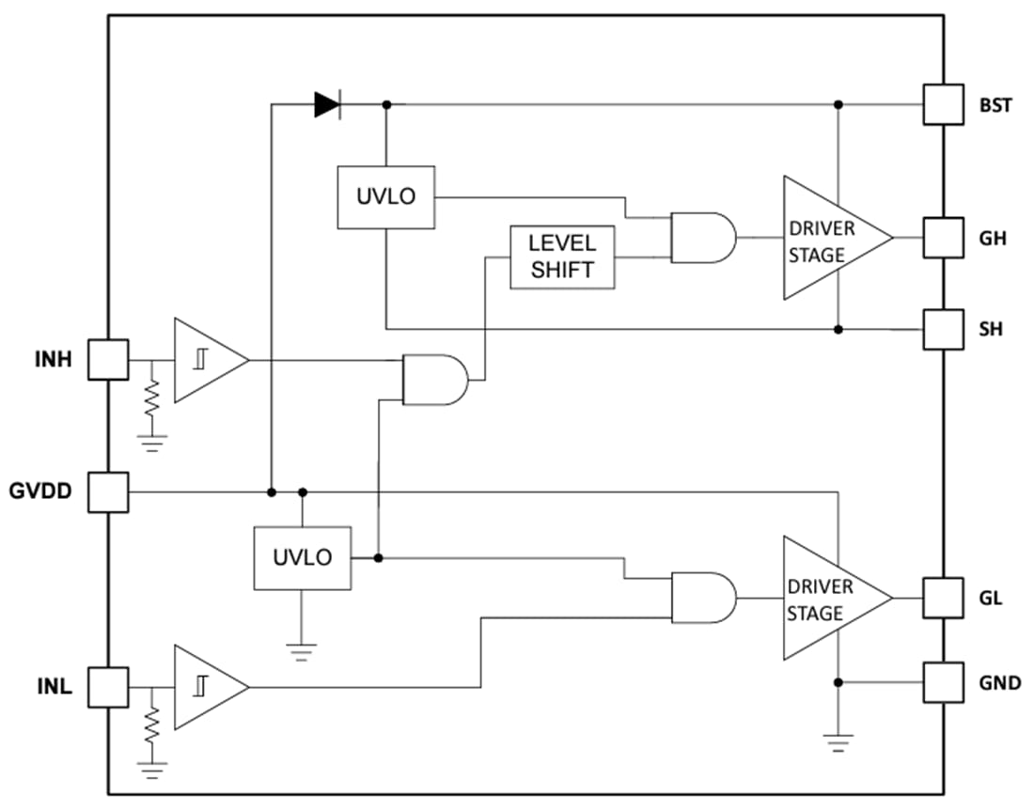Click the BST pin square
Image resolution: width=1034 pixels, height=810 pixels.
(x=943, y=104)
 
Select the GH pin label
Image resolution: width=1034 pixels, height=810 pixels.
(x=992, y=239)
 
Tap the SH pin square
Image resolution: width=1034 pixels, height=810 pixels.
(x=943, y=329)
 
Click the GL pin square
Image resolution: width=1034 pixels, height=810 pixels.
(x=943, y=598)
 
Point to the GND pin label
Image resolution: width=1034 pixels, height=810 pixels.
(x=1000, y=683)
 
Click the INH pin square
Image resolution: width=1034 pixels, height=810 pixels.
(x=108, y=359)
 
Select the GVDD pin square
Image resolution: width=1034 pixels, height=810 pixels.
(x=108, y=491)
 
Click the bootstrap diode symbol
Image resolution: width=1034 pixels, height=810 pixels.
(x=327, y=104)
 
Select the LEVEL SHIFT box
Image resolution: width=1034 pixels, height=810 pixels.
(x=562, y=257)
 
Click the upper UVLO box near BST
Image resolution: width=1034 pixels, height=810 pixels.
(x=385, y=196)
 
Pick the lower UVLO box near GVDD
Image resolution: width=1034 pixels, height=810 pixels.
(x=303, y=557)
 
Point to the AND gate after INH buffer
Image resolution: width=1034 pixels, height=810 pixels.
(x=433, y=380)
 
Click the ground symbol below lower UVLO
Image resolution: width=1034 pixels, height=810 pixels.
(x=302, y=650)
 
